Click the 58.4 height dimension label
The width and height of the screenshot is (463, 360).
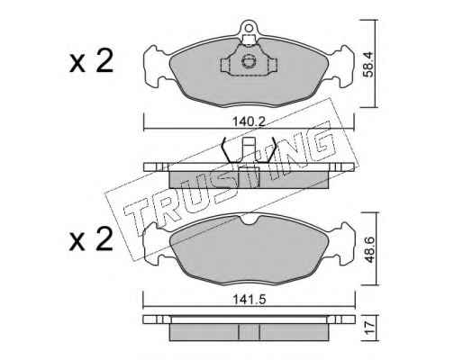(368, 64)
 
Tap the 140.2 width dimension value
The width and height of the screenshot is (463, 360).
(250, 121)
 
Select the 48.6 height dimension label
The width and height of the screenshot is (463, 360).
(369, 250)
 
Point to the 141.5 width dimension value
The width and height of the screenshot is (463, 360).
(250, 300)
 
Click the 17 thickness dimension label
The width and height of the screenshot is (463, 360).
(369, 328)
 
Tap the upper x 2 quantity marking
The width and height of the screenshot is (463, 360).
(91, 61)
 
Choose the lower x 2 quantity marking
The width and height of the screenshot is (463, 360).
(91, 239)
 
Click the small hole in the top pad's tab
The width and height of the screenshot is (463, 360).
(249, 28)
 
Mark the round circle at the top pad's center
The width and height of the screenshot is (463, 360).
(249, 61)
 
